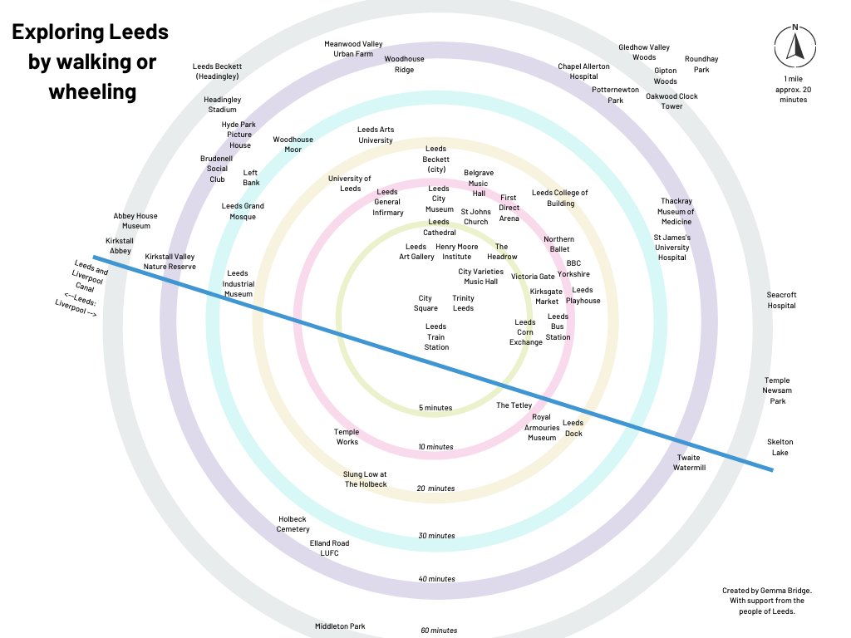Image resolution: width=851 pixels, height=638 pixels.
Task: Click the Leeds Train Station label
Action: [x=436, y=336]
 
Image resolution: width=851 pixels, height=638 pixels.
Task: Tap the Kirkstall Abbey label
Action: [x=120, y=245]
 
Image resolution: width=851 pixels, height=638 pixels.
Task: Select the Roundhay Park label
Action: [x=701, y=65]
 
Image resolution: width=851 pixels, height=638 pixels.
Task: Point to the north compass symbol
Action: [x=794, y=46]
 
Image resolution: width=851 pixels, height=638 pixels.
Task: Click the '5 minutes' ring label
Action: [x=435, y=408]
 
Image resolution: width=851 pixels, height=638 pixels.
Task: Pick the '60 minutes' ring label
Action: [x=438, y=631]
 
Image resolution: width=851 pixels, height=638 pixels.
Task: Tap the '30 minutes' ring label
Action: [x=436, y=536]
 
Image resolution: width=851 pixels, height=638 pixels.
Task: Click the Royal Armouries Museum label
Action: [x=542, y=427]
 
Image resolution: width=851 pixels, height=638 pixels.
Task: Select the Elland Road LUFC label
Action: [x=329, y=548]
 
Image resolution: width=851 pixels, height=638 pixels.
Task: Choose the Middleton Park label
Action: [x=340, y=626]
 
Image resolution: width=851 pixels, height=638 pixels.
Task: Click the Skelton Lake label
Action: [x=780, y=447]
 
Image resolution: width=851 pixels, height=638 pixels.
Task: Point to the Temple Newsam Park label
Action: [x=777, y=390]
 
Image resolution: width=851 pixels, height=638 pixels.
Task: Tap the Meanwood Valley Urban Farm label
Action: [x=353, y=48]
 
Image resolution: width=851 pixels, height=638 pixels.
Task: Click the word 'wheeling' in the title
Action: [x=91, y=91]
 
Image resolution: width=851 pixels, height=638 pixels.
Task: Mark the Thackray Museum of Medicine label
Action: [x=676, y=211]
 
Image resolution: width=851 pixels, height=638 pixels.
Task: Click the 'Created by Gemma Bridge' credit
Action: [x=766, y=601]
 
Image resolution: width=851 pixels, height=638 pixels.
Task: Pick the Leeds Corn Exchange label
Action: [x=525, y=332]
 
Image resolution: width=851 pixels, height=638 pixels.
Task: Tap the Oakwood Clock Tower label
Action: [x=671, y=101]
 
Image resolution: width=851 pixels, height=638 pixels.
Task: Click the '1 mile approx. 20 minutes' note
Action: [x=794, y=89]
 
